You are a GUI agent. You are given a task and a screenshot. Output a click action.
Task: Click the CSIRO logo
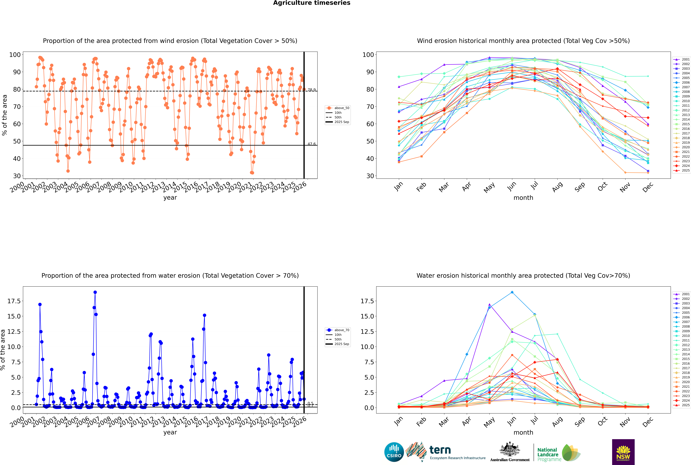click(394, 452)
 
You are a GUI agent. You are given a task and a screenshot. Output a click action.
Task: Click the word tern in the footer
click(440, 450)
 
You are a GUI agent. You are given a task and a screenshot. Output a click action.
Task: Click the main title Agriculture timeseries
click(312, 3)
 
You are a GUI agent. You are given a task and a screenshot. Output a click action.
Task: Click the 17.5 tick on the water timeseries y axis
click(14, 301)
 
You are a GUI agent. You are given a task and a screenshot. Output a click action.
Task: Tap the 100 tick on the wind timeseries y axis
click(15, 55)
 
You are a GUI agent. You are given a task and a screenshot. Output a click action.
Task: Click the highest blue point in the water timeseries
click(95, 292)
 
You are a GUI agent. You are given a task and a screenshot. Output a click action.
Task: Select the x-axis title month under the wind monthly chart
click(523, 198)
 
